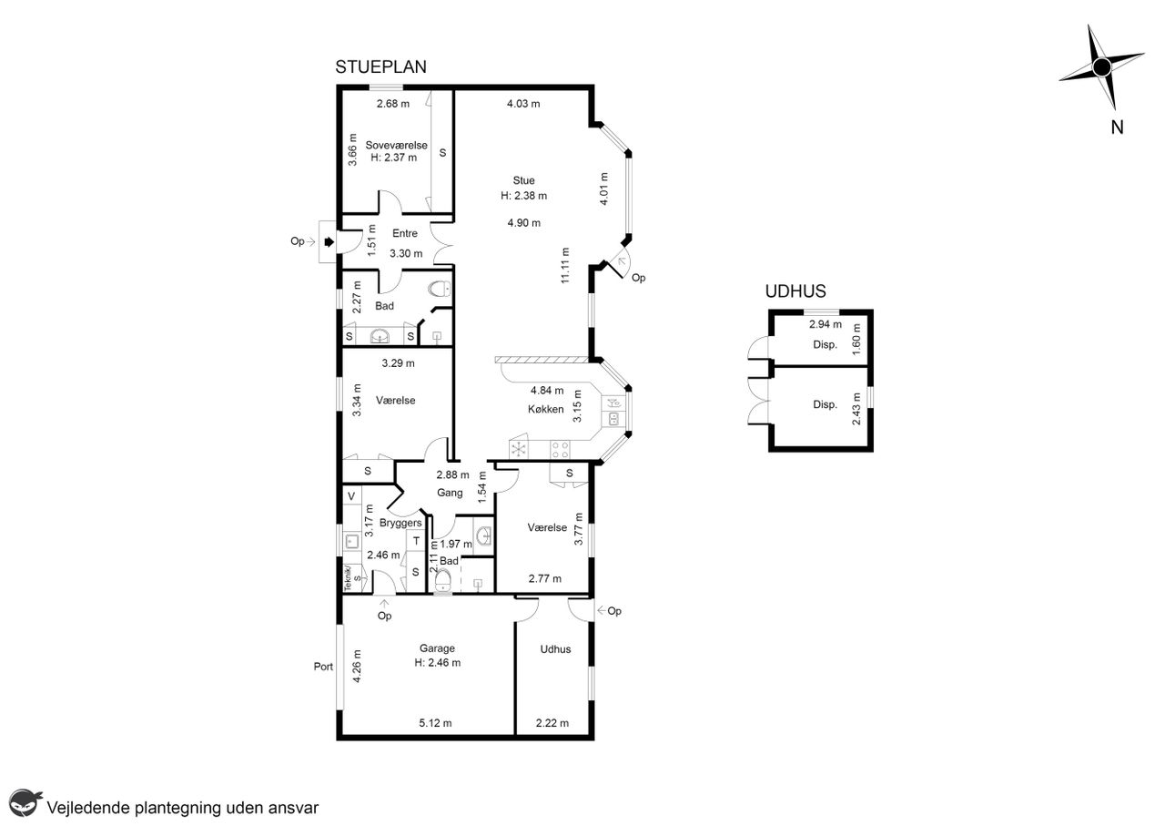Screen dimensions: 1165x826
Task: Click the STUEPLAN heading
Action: [380, 67]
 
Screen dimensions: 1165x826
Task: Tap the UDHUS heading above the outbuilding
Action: [795, 291]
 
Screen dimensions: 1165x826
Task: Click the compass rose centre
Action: [1101, 67]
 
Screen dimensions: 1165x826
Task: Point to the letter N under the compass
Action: [1117, 127]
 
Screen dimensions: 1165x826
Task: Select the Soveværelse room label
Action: [396, 145]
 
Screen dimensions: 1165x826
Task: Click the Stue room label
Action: [523, 180]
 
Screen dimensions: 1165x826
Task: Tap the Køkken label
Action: [545, 410]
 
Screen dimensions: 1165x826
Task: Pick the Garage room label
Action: [437, 648]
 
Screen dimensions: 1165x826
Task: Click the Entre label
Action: [405, 234]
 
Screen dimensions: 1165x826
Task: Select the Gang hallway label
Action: [450, 493]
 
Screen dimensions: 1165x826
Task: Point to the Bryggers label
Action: [400, 523]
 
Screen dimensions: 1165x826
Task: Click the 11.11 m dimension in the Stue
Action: [565, 265]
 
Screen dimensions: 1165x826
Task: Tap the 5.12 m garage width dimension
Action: [435, 723]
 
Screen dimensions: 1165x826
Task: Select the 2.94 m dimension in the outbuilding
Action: [826, 324]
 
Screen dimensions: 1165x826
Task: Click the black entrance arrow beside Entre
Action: [329, 241]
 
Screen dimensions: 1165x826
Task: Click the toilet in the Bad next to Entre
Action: [441, 289]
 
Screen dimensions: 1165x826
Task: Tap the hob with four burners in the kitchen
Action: [560, 450]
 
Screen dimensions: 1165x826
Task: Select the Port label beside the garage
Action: [323, 667]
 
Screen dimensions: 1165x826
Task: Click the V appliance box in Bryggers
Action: [351, 496]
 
